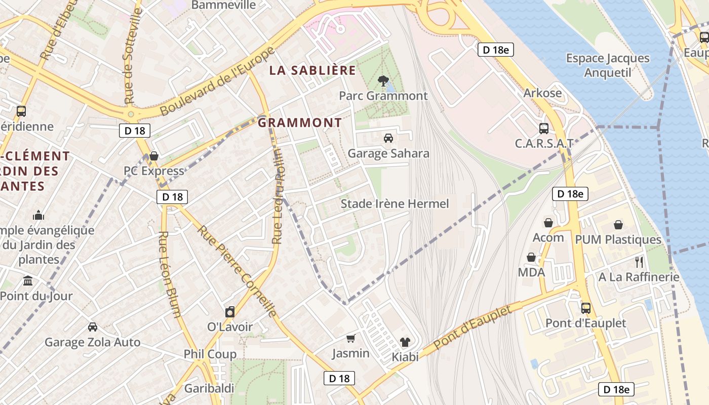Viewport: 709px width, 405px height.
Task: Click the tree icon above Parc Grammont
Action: [383, 80]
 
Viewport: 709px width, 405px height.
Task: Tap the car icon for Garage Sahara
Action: [388, 138]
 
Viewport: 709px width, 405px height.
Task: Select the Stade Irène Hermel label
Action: [395, 204]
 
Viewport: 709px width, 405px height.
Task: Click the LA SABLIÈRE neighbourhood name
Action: [312, 70]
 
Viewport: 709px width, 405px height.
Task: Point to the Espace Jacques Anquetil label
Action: [608, 65]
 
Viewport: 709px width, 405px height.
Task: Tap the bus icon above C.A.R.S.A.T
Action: [544, 128]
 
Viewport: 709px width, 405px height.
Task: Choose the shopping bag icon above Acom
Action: [548, 222]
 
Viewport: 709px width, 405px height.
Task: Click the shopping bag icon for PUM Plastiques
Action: [618, 224]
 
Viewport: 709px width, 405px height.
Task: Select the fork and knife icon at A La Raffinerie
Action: [639, 262]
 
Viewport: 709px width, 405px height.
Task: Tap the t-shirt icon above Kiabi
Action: [405, 342]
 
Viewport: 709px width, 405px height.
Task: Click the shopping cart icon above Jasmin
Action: [350, 338]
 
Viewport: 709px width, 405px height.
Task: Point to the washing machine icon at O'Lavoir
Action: [230, 311]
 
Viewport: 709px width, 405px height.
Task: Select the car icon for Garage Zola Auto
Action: [92, 327]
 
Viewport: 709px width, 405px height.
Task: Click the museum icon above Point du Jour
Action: [28, 280]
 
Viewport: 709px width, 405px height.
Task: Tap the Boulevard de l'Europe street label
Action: [217, 81]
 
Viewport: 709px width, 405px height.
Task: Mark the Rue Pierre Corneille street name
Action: [238, 271]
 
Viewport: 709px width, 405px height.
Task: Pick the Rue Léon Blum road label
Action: [169, 274]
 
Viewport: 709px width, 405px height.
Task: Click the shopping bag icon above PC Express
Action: [154, 155]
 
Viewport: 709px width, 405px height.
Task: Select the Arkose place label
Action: [542, 93]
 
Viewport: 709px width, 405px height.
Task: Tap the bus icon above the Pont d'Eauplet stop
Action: [585, 307]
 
